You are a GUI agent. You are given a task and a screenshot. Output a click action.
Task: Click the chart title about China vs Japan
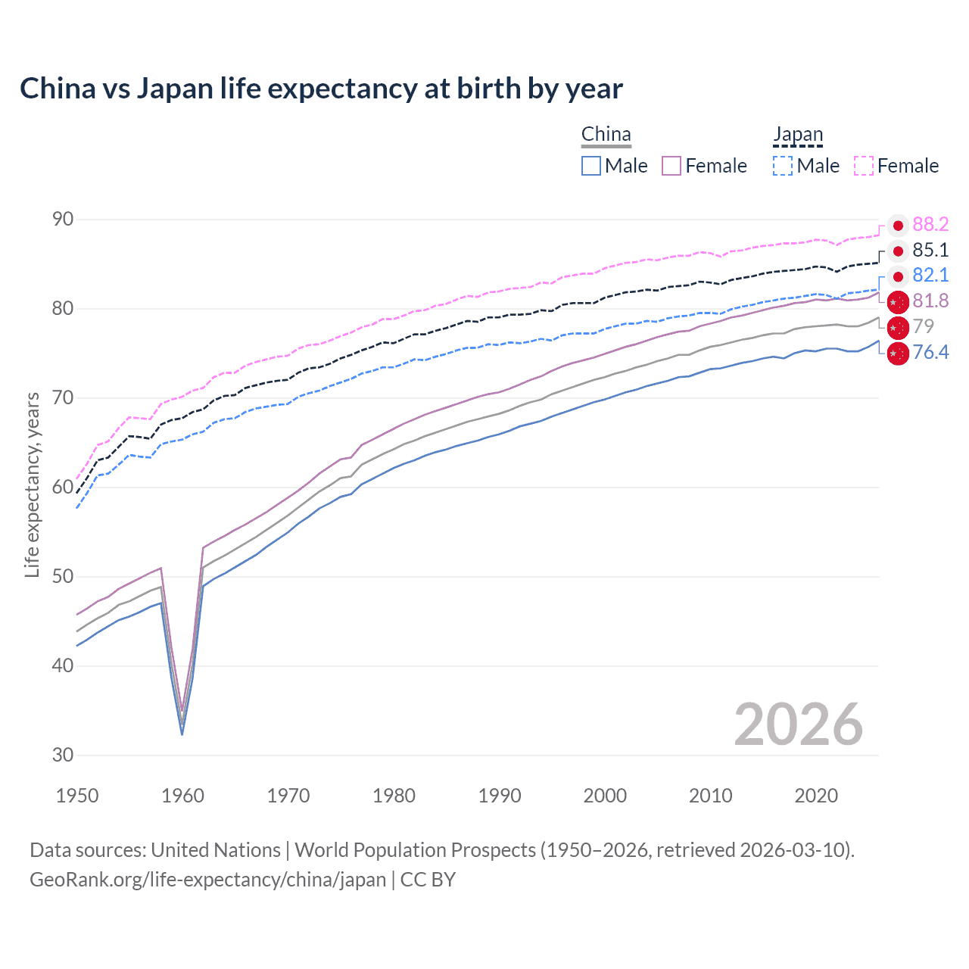(321, 89)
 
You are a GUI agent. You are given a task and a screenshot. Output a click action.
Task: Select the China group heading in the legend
(606, 135)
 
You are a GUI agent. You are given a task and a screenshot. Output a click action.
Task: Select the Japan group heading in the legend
(798, 135)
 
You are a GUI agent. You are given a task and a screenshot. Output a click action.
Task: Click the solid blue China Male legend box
(591, 166)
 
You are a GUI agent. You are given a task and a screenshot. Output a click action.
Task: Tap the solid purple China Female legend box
(671, 166)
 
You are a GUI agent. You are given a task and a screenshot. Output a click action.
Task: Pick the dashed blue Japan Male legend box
(783, 166)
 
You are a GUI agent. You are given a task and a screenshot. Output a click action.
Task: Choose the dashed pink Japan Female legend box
(864, 166)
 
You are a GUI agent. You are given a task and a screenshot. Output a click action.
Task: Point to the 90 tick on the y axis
(63, 220)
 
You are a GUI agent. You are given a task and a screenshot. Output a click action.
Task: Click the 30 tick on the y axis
(63, 755)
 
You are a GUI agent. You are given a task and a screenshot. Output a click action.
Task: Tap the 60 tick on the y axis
(63, 487)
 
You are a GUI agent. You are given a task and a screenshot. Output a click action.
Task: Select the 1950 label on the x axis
(77, 796)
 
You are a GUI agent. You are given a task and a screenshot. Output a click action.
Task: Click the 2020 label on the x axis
(816, 796)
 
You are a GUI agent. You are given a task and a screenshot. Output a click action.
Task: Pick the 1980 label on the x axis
(394, 796)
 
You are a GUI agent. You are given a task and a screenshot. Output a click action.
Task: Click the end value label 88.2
(930, 225)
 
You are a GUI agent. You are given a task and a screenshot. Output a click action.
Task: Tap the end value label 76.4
(930, 352)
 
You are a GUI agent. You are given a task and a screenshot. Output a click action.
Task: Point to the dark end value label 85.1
(930, 251)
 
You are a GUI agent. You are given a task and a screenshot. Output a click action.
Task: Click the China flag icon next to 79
(898, 327)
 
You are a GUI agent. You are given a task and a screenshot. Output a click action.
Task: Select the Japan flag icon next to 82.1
(898, 276)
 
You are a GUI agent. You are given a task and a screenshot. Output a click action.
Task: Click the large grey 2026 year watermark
(798, 724)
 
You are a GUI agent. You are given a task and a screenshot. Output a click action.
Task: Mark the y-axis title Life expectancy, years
(33, 484)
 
